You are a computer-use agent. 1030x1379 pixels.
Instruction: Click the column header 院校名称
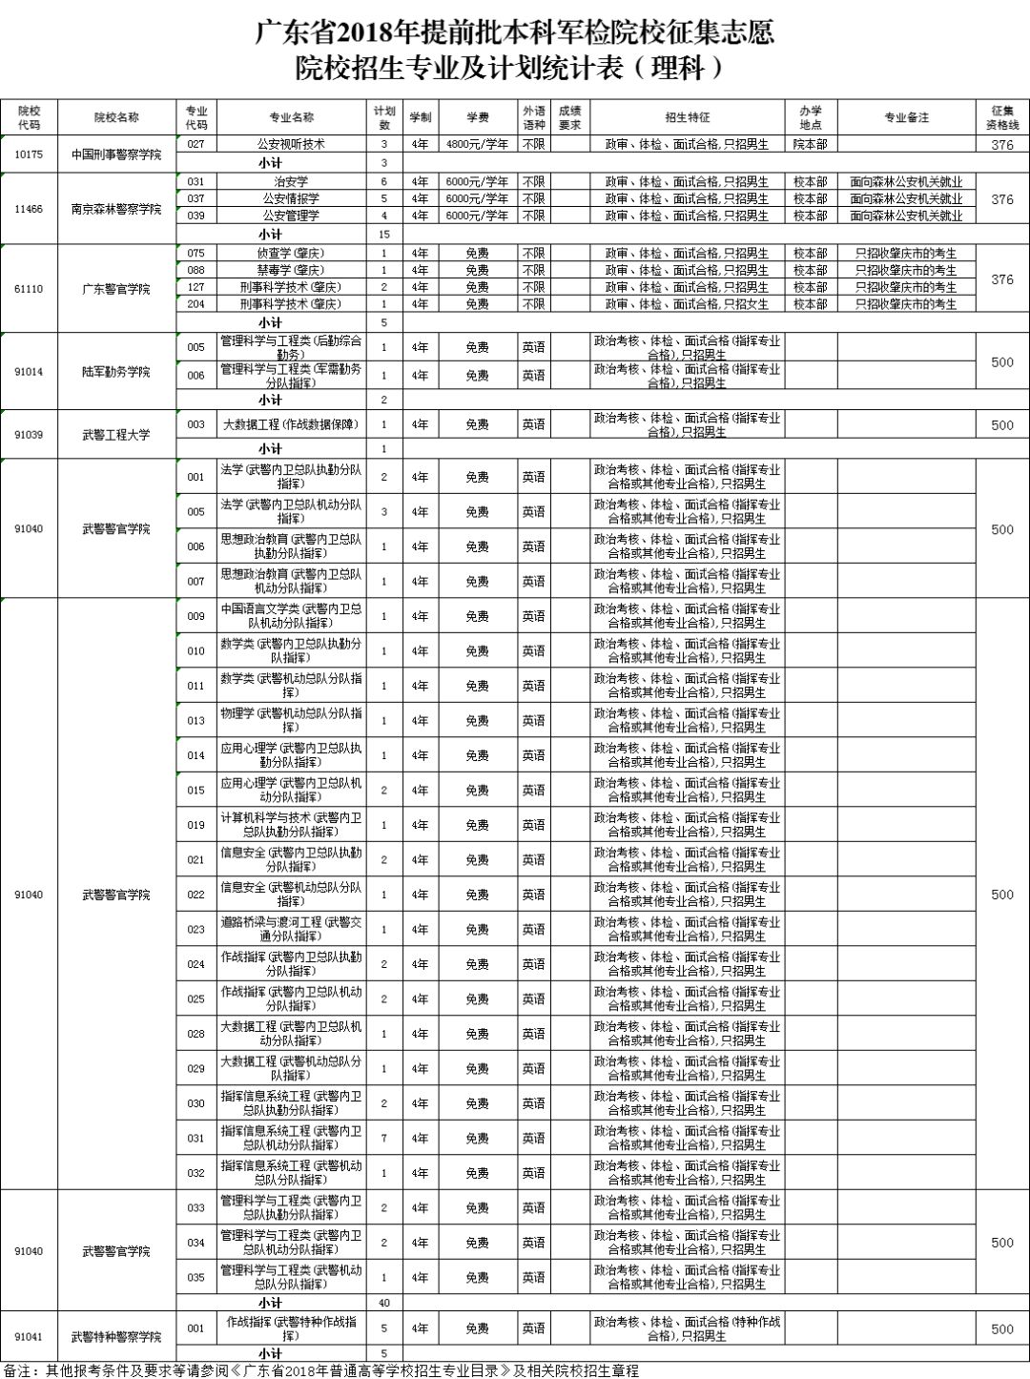pos(116,117)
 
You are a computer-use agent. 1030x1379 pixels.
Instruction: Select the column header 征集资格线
pos(1002,117)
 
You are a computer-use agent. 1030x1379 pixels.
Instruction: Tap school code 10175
pos(29,154)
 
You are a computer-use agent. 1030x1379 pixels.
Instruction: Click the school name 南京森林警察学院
pos(116,209)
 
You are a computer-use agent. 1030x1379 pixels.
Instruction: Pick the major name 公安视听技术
pos(291,144)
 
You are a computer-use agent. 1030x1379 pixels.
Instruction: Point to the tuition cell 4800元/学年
pos(477,144)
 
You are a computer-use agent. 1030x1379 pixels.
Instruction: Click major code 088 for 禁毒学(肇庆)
pos(196,270)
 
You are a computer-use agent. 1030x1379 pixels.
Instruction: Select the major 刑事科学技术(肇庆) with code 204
pos(291,304)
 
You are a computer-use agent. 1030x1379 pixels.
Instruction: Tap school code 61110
pos(29,288)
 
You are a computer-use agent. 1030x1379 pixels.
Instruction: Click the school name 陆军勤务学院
pos(116,371)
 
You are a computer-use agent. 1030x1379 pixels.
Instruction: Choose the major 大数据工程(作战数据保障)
pos(291,424)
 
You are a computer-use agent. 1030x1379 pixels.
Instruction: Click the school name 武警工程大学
pos(116,434)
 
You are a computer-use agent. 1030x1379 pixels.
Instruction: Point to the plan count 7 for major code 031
pos(384,1138)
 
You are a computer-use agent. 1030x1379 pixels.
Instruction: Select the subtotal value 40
pos(384,1303)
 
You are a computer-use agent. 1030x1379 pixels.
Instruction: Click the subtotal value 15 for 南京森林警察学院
pos(384,234)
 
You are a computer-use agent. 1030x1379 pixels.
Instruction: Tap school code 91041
pos(29,1337)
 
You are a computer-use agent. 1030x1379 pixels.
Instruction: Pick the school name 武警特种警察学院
pos(116,1337)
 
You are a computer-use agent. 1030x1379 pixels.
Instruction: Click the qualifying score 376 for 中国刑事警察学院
pos(1002,145)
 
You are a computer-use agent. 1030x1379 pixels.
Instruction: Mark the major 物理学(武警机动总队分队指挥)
pos(291,720)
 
